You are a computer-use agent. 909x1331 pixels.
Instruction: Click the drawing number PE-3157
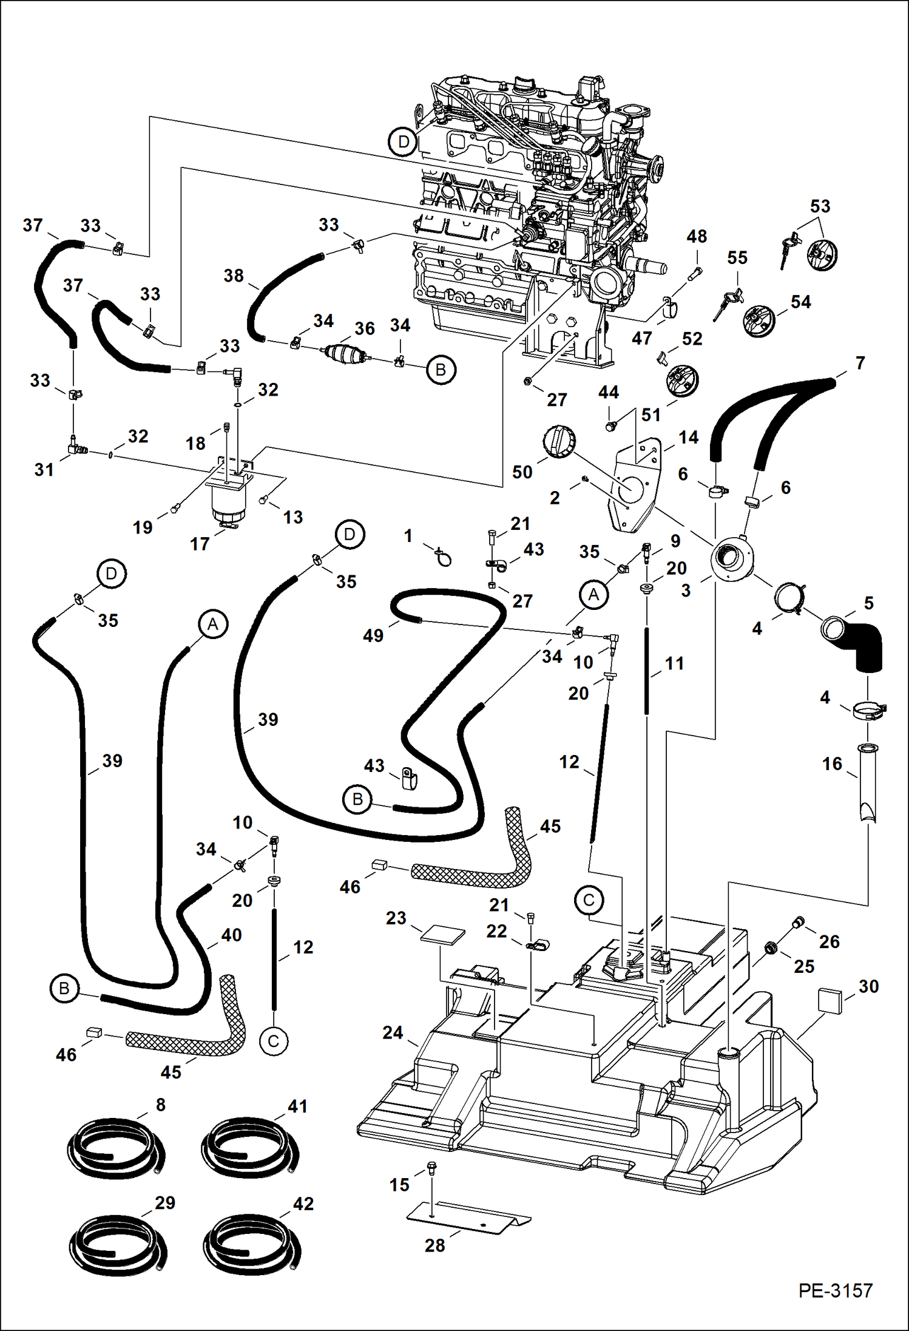pos(835,1290)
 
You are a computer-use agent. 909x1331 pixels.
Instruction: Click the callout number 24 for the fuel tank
pos(393,1032)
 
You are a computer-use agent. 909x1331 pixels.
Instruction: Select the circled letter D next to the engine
pos(403,142)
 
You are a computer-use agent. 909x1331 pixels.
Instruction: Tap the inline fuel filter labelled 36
pos(343,353)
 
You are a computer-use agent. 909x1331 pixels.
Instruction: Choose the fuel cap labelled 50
pos(558,442)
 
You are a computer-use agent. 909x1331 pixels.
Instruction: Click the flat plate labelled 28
pos(467,1216)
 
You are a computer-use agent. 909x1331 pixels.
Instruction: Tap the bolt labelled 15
pos(431,1167)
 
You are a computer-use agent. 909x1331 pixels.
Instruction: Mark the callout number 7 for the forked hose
pos(860,363)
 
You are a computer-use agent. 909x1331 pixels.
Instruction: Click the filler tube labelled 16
pos(868,783)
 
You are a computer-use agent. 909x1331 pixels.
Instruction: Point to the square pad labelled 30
pos(830,1000)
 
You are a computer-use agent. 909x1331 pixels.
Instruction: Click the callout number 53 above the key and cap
pos(820,206)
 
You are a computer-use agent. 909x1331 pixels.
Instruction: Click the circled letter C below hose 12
pos(273,1041)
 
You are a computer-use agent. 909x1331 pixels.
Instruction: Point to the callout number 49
pos(373,635)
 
